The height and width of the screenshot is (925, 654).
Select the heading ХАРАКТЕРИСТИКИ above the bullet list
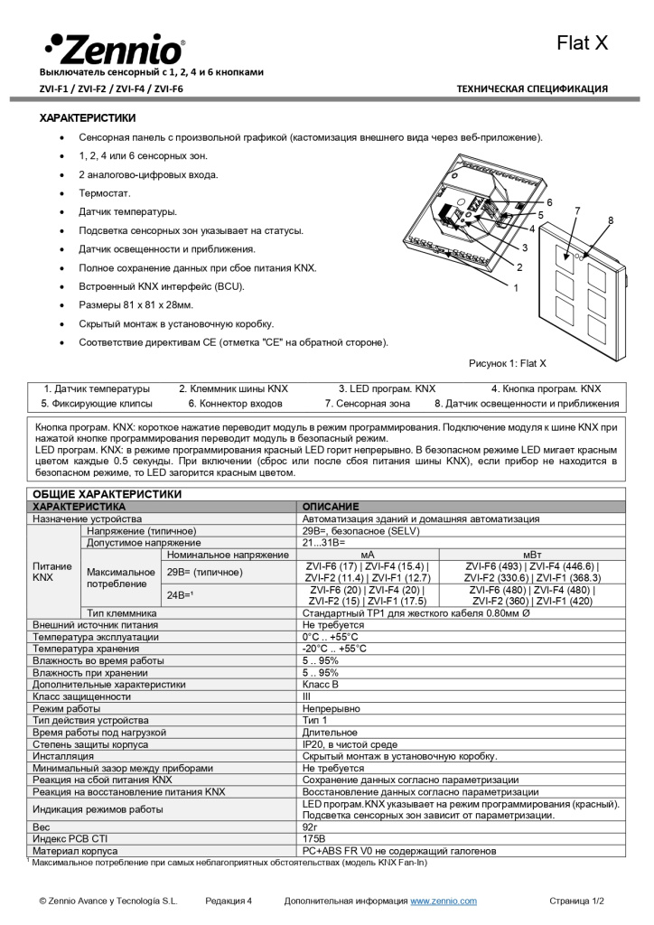point(88,118)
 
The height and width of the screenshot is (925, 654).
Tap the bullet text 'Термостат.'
point(105,193)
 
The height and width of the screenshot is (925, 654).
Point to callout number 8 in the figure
point(611,220)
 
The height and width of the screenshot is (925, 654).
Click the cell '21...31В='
point(323,543)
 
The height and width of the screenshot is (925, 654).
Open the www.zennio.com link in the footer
point(444,901)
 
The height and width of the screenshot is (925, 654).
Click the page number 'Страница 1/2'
point(576,901)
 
